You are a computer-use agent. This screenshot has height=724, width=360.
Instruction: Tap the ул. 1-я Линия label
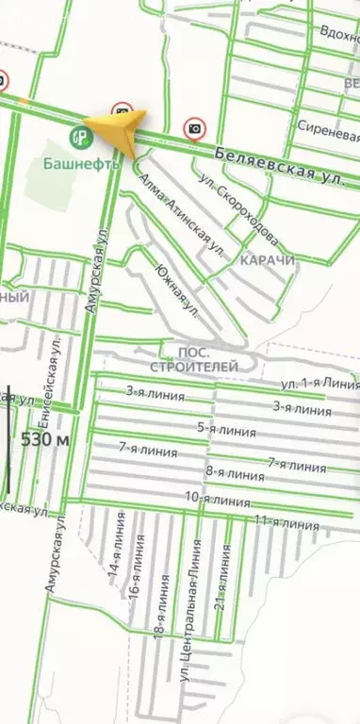[x=319, y=384]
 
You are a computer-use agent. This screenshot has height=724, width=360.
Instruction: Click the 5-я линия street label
[x=226, y=430]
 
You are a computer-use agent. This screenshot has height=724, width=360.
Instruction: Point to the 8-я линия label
[x=234, y=473]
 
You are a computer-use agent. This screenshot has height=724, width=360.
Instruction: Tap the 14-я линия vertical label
[x=115, y=556]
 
